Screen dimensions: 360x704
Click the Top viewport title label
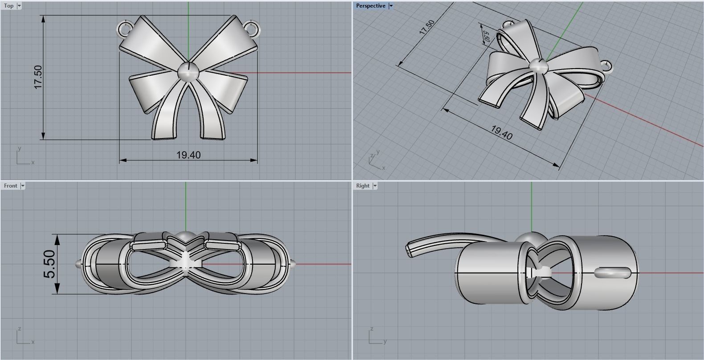coord(8,6)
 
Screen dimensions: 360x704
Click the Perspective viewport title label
coord(370,6)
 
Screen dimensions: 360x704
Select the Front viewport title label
coord(10,186)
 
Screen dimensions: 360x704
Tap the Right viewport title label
coord(362,186)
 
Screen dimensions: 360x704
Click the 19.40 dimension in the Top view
coord(188,155)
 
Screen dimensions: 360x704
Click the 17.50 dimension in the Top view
coord(38,77)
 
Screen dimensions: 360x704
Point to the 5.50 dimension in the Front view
coord(50,264)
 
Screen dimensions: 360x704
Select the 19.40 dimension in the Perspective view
coord(501,132)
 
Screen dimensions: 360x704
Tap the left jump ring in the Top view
coord(125,29)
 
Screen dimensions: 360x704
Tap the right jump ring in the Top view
coord(252,28)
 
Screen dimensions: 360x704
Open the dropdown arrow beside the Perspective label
coord(391,6)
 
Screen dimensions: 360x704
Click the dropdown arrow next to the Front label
coord(23,186)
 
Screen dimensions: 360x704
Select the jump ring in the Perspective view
coord(606,66)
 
